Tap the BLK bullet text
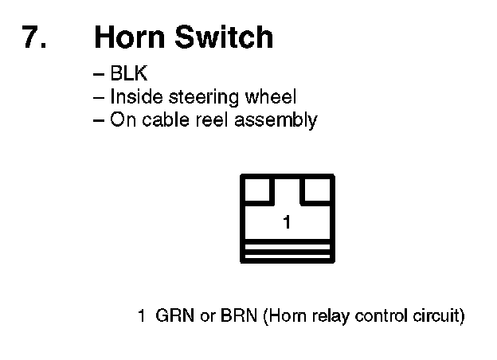pos(130,75)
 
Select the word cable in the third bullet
pos(164,120)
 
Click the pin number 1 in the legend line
pos(141,316)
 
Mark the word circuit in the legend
pos(436,316)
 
